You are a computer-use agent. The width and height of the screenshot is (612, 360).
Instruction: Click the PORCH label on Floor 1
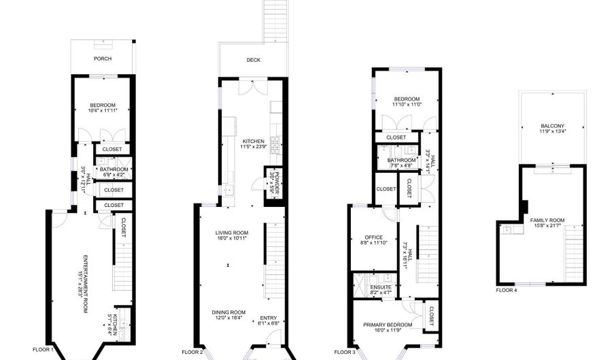click(103, 59)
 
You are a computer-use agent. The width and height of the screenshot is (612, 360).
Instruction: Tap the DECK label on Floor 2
click(254, 60)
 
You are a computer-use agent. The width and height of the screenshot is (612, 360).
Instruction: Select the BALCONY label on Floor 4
click(552, 126)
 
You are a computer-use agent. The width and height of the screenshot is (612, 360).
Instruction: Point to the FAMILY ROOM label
click(547, 220)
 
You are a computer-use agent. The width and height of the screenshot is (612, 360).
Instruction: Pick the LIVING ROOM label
click(232, 233)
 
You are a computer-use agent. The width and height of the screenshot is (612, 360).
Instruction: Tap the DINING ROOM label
click(228, 312)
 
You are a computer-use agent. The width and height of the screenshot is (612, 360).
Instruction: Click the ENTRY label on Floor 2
click(268, 318)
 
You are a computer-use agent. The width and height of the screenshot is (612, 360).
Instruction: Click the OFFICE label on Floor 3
click(373, 238)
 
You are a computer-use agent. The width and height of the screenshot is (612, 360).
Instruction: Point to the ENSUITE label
click(381, 287)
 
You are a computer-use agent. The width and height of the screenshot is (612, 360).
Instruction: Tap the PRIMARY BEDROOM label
click(388, 325)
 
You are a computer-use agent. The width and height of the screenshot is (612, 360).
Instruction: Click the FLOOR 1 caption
click(43, 350)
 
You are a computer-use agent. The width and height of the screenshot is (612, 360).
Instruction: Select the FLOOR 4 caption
click(507, 291)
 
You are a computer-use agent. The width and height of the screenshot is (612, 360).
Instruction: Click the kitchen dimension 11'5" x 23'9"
click(254, 147)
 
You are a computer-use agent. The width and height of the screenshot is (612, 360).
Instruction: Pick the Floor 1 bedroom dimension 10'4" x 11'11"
click(103, 111)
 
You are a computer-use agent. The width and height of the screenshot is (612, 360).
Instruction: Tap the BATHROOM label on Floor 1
click(114, 169)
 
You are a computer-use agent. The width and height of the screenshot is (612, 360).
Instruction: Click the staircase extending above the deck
click(275, 20)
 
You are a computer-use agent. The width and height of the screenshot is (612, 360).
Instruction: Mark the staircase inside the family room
click(574, 254)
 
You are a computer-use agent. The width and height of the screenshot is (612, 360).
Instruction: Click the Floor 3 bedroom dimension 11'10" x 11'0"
click(407, 105)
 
